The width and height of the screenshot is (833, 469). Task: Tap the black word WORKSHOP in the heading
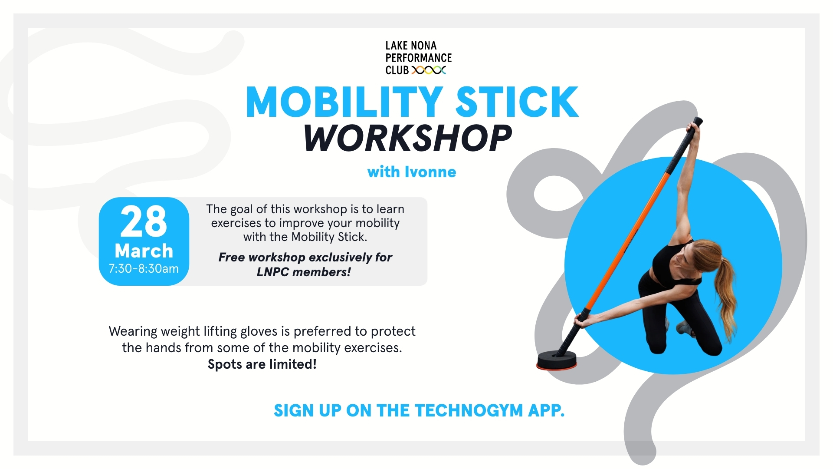pos(408,138)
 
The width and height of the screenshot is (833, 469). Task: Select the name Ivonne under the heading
pos(430,172)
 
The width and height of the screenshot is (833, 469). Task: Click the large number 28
pos(144,221)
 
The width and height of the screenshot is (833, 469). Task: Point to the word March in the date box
pos(144,251)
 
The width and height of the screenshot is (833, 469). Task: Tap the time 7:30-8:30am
pos(144,269)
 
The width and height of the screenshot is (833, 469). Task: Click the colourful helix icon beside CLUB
pos(429,70)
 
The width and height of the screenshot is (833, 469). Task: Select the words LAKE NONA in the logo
pos(411,46)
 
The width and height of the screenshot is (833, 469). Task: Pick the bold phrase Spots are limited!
pos(262,364)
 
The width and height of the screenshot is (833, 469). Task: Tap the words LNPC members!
pos(304,272)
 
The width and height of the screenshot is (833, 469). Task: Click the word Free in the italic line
pos(232,257)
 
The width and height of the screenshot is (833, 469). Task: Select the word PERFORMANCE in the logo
pos(419,58)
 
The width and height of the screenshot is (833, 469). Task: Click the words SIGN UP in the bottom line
pos(308,411)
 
